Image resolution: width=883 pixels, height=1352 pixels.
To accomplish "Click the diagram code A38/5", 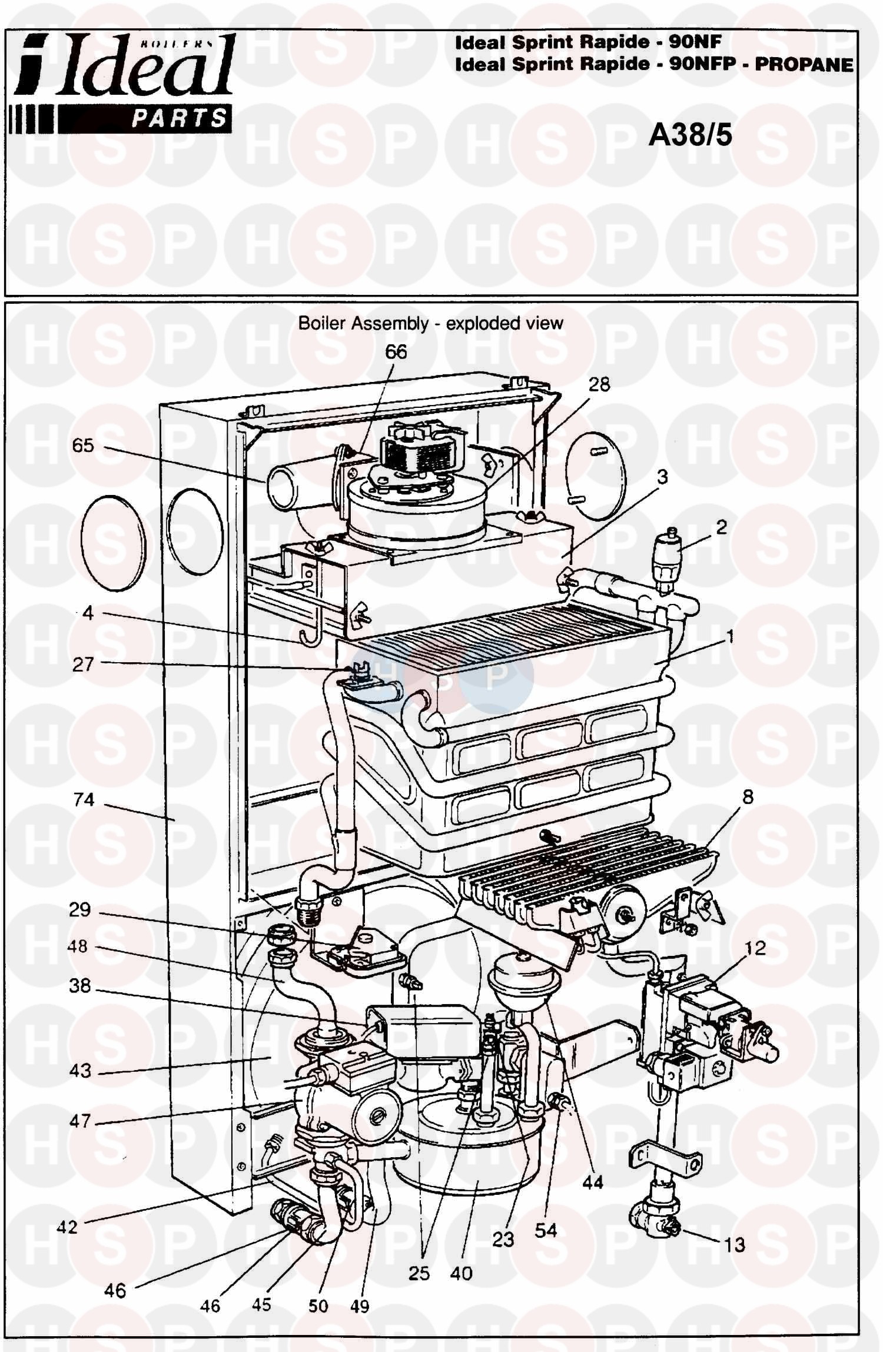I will [x=690, y=136].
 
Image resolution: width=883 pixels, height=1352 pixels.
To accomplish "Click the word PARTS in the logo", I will [x=179, y=118].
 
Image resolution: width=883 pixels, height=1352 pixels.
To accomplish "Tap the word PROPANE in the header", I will [x=804, y=65].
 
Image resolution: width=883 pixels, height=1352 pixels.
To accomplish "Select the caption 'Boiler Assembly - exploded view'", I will [x=430, y=323].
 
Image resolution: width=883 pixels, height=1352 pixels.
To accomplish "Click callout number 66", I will [x=396, y=352].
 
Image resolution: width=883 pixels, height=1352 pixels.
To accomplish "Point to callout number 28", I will [x=599, y=384].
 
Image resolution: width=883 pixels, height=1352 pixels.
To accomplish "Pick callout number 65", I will [x=82, y=445].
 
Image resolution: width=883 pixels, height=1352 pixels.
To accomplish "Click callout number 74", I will [x=84, y=799].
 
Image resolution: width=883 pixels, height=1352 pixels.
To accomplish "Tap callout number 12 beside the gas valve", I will [x=755, y=948].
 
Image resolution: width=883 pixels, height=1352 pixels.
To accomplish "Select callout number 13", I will [x=735, y=1245].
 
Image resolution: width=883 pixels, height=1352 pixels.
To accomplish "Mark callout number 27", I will [x=82, y=665].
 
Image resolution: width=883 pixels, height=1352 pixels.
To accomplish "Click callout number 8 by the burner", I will [x=748, y=798].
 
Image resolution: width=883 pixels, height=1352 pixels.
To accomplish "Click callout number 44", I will [x=592, y=1182].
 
